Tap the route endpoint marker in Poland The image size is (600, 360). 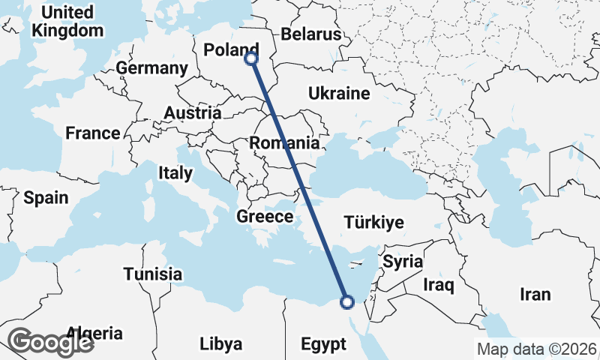252,58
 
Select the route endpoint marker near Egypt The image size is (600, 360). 346,302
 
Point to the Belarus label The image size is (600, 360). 310,34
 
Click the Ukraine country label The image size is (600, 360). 339,94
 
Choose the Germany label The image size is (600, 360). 151,68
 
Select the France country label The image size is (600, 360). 92,133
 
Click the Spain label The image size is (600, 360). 46,198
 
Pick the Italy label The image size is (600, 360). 175,172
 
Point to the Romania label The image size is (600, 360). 284,142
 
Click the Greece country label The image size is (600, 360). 264,217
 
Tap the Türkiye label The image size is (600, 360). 373,223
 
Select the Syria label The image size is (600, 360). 403,262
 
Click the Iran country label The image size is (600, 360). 535,294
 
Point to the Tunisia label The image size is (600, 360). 153,274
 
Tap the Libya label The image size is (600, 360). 221,344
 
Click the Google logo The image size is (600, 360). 50,342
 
